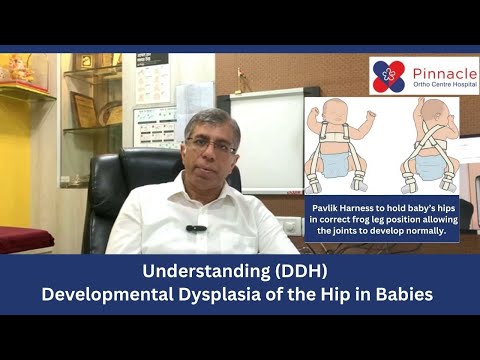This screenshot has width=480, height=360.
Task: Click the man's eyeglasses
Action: pyautogui.click(x=211, y=146)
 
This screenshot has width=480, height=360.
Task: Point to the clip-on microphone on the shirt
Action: pyautogui.click(x=196, y=228)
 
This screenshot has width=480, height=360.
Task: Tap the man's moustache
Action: pyautogui.click(x=212, y=164)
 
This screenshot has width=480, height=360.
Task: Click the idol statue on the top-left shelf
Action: pyautogui.click(x=19, y=71)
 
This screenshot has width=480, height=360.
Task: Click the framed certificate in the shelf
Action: pyautogui.click(x=84, y=110)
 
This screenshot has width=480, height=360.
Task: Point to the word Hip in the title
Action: pyautogui.click(x=319, y=297)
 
